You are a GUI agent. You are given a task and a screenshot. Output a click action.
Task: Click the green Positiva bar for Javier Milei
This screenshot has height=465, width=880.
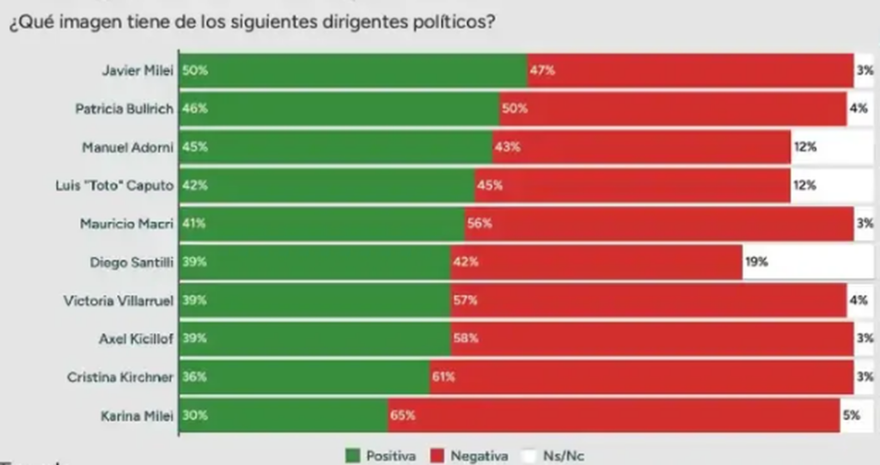click(x=352, y=70)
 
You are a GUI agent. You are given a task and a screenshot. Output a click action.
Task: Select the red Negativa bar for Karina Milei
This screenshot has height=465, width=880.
click(x=614, y=415)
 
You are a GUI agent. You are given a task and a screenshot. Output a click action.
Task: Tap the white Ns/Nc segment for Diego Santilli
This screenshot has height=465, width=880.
click(x=808, y=262)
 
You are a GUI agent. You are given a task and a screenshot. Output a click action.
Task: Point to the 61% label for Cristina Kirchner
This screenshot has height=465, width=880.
click(x=443, y=376)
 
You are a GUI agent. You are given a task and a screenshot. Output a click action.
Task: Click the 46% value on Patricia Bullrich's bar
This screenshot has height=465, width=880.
click(x=194, y=109)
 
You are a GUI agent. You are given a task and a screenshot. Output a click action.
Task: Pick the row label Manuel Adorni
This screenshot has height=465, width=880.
click(x=128, y=148)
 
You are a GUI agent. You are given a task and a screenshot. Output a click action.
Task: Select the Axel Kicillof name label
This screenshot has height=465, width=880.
click(x=137, y=339)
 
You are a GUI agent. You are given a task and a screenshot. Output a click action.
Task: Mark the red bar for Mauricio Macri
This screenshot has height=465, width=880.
click(x=658, y=224)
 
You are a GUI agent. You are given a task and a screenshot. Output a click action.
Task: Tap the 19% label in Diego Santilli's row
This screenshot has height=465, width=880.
click(x=756, y=262)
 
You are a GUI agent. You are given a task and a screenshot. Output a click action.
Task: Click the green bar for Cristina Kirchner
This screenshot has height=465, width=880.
click(x=304, y=376)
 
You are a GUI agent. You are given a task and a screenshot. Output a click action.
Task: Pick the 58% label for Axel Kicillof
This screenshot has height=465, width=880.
click(x=466, y=339)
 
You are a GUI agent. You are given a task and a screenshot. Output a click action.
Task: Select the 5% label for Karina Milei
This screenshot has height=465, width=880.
click(x=851, y=415)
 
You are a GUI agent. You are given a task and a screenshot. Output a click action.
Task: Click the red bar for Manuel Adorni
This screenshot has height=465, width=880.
click(x=641, y=148)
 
